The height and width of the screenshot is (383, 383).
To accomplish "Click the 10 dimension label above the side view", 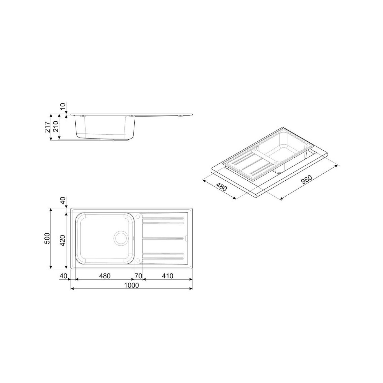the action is click(63, 106).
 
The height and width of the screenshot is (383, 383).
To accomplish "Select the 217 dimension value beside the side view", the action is click(48, 127).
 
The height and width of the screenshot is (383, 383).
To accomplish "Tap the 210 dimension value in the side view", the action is click(56, 127).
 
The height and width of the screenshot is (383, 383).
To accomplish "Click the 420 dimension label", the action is click(63, 241).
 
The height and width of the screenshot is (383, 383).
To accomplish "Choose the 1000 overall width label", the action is click(131, 285).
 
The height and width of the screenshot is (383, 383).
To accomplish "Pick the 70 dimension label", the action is click(138, 276).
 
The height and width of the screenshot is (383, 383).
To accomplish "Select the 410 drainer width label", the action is click(167, 276).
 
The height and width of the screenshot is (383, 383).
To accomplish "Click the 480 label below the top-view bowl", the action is click(105, 276).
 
